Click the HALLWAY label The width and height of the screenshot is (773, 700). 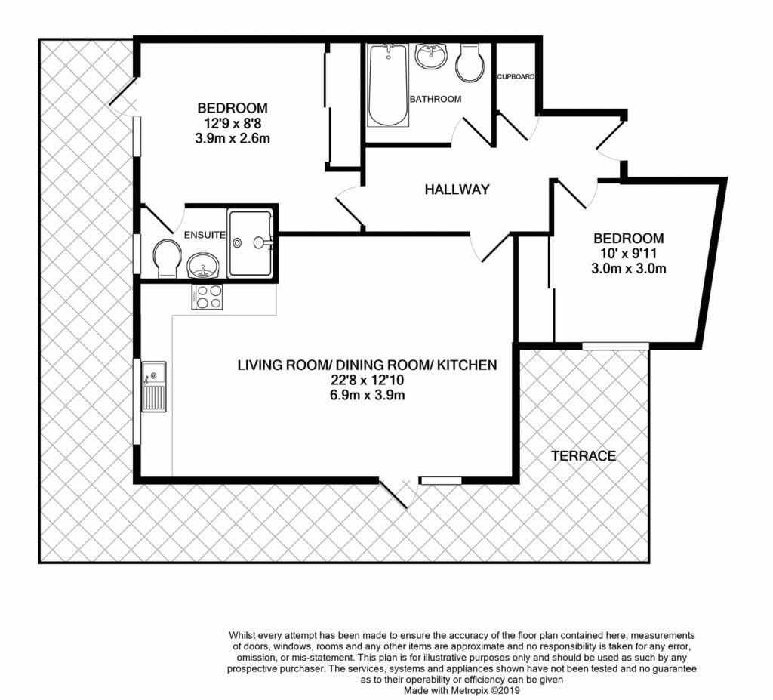457,190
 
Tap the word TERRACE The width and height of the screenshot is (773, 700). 583,456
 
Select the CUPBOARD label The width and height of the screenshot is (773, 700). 516,77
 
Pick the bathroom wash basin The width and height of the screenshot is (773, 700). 431,57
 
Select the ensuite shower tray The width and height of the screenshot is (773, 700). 251,242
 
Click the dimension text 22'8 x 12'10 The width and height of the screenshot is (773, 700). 366,381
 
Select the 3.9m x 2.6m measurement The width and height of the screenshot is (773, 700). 233,138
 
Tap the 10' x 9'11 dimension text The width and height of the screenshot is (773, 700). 628,253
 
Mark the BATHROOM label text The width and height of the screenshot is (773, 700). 435,99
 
